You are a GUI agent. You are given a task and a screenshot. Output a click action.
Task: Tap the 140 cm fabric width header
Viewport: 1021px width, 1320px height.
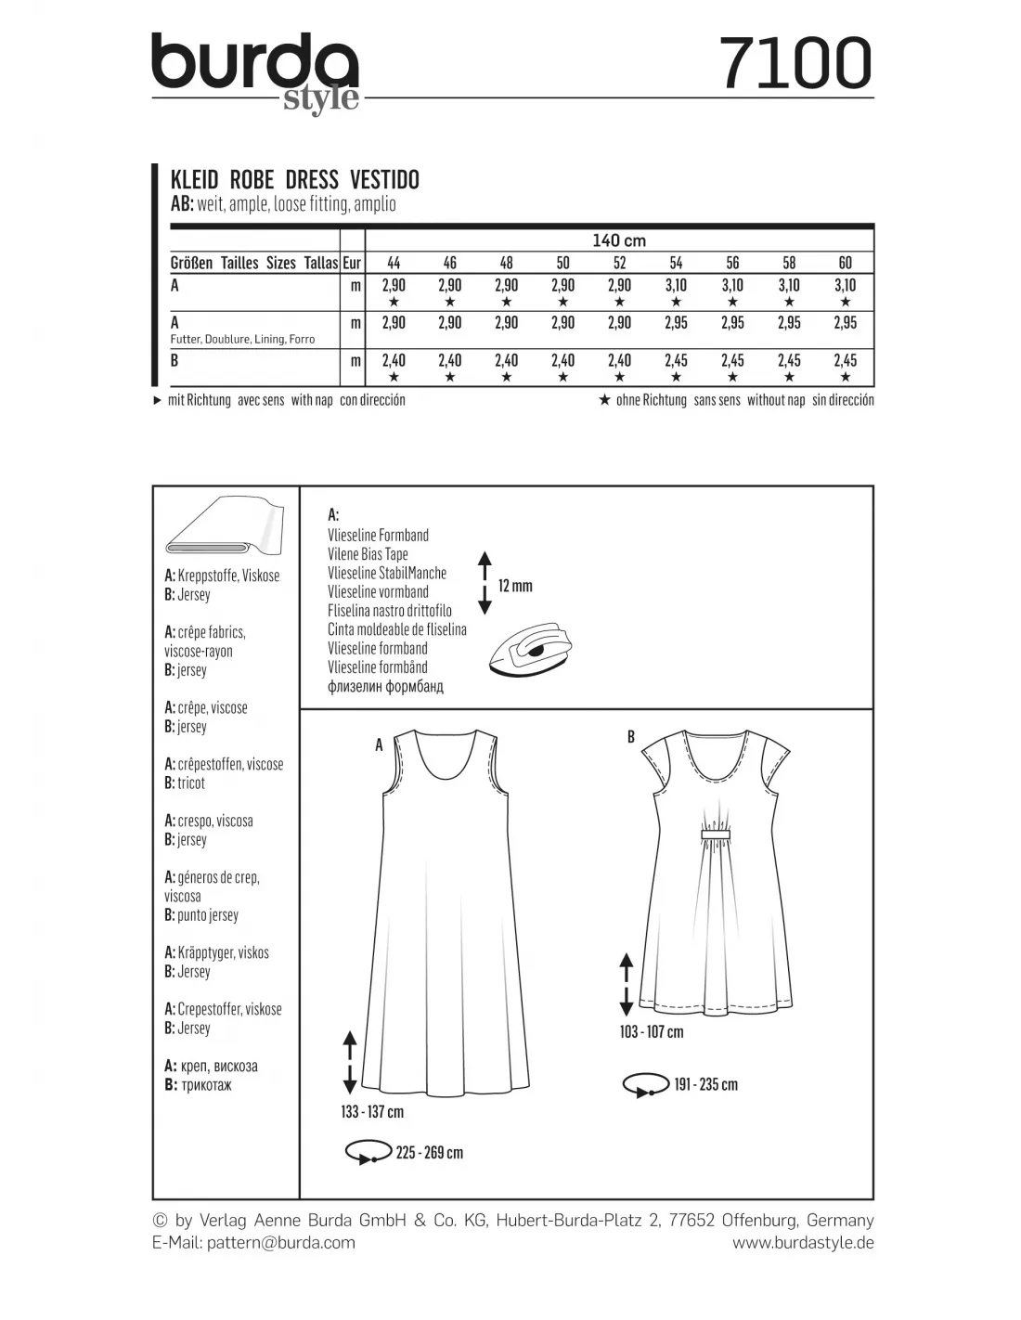pyautogui.click(x=619, y=240)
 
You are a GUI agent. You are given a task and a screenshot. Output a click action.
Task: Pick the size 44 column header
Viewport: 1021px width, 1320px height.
pyautogui.click(x=394, y=263)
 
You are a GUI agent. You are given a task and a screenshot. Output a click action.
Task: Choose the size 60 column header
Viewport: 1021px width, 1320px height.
pyautogui.click(x=845, y=263)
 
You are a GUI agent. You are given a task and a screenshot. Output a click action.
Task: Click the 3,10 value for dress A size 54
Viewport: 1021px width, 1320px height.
pyautogui.click(x=676, y=286)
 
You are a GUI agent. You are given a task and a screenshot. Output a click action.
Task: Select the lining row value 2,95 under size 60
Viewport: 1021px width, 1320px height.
pyautogui.click(x=845, y=323)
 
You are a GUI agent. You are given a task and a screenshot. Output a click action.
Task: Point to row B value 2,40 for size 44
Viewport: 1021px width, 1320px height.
pyautogui.click(x=394, y=360)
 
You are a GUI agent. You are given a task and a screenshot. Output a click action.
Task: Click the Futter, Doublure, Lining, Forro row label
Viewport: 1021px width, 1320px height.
pyautogui.click(x=242, y=340)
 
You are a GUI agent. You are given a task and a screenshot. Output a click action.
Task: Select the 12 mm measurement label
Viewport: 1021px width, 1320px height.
pyautogui.click(x=515, y=586)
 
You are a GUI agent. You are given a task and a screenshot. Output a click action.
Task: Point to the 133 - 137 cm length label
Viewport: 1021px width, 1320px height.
pyautogui.click(x=372, y=1112)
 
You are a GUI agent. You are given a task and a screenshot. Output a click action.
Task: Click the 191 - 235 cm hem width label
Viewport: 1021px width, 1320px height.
pyautogui.click(x=705, y=1084)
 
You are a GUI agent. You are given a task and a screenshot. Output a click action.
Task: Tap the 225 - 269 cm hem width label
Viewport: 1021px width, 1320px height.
pyautogui.click(x=429, y=1153)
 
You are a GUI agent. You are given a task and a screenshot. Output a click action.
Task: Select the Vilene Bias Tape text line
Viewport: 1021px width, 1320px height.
pyautogui.click(x=368, y=554)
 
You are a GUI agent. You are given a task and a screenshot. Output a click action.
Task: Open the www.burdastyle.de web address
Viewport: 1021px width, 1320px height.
pyautogui.click(x=803, y=1242)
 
